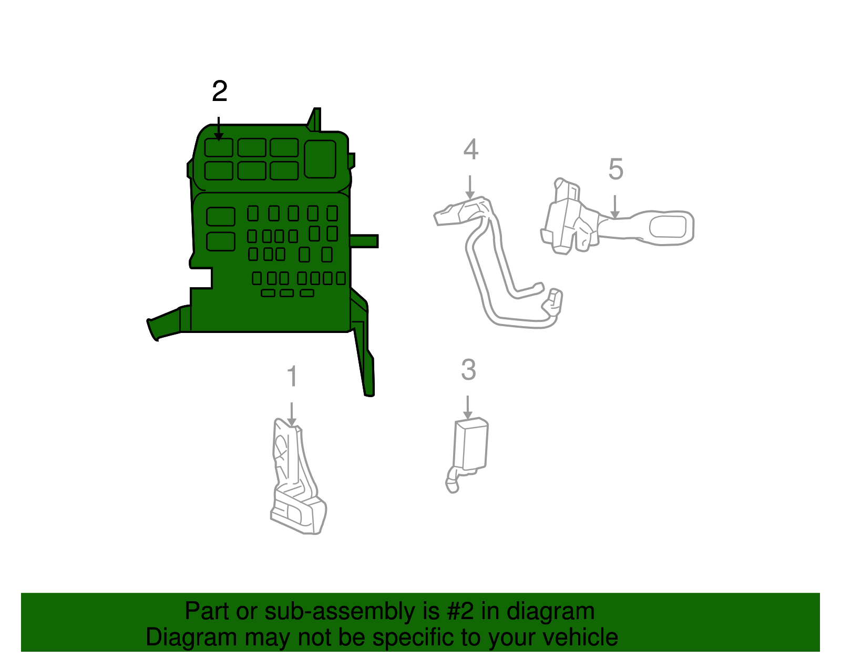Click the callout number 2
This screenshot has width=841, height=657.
[220, 92]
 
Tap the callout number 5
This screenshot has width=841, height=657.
[616, 169]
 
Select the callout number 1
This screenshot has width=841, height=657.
[292, 377]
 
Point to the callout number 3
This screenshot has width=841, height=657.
[468, 370]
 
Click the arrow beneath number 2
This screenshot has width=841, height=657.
[219, 128]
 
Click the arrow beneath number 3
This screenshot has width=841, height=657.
[467, 407]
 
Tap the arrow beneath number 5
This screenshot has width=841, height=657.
[614, 207]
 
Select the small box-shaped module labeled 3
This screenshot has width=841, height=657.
[471, 443]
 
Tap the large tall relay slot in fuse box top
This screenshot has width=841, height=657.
[320, 159]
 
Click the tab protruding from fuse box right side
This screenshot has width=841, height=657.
[364, 241]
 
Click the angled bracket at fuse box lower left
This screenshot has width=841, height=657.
[167, 323]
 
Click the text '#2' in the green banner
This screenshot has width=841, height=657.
[461, 611]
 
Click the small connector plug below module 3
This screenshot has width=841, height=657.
[452, 483]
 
